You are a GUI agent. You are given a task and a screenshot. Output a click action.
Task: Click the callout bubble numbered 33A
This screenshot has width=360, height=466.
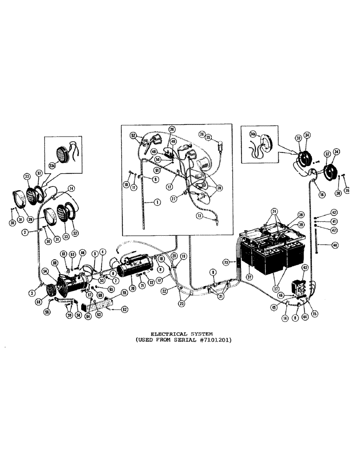tap(52, 164)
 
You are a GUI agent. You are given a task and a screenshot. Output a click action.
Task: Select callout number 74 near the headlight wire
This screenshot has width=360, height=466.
tap(71, 189)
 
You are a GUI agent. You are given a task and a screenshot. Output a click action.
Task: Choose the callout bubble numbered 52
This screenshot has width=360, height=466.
tap(133, 136)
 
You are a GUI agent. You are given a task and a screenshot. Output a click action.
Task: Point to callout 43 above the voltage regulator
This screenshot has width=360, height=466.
tap(305, 268)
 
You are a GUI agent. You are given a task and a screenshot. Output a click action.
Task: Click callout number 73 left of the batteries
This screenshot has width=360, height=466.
tap(240, 263)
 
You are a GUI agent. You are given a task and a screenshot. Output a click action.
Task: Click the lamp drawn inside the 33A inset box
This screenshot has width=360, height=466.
tap(62, 153)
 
